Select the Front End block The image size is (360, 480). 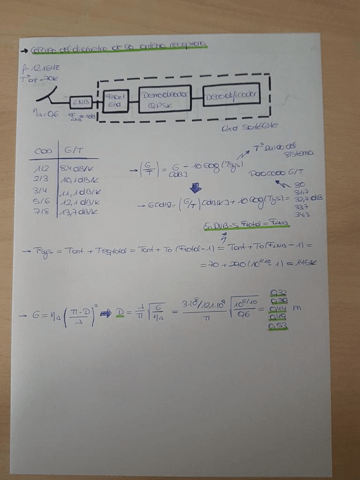click(115, 101)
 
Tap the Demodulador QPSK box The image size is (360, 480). click(164, 98)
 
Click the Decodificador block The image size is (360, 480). click(231, 95)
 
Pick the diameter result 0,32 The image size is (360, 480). click(278, 293)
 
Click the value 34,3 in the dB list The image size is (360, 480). click(301, 214)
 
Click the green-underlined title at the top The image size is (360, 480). click(119, 45)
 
